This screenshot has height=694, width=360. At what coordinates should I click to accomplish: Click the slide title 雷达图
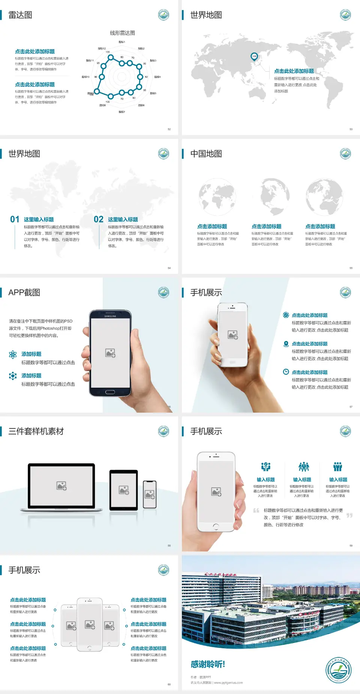[x=20, y=15]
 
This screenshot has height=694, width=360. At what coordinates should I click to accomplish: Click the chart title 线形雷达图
[x=122, y=33]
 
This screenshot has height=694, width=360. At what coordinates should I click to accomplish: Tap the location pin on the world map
[x=254, y=57]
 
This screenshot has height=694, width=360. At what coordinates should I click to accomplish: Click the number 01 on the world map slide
[x=15, y=219]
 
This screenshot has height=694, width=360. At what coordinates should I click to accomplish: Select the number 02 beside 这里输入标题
[x=99, y=219]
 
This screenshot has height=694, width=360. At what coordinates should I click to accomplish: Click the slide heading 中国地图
[x=206, y=154]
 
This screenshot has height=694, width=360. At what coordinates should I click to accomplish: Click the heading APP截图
[x=24, y=293]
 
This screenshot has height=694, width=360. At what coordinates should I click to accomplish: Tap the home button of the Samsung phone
[x=110, y=392]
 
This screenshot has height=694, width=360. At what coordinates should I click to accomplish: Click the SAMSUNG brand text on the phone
[x=110, y=316]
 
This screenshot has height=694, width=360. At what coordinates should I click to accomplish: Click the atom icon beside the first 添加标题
[x=13, y=355]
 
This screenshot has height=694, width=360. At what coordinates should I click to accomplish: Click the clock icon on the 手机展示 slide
[x=286, y=372]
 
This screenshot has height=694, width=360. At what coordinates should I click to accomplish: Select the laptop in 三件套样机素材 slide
[x=61, y=487]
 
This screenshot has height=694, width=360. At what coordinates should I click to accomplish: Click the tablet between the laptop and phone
[x=124, y=490]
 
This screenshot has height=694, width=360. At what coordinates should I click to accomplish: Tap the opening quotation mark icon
[x=256, y=511]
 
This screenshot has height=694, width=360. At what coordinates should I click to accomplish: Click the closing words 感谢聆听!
[x=208, y=664]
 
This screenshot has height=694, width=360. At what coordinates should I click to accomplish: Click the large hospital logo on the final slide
[x=338, y=669]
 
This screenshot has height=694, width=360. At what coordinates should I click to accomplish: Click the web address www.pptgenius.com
[x=228, y=683]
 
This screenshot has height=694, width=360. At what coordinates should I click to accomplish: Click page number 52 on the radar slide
[x=169, y=129]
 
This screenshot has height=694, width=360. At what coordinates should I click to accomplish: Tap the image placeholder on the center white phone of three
[x=90, y=625]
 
